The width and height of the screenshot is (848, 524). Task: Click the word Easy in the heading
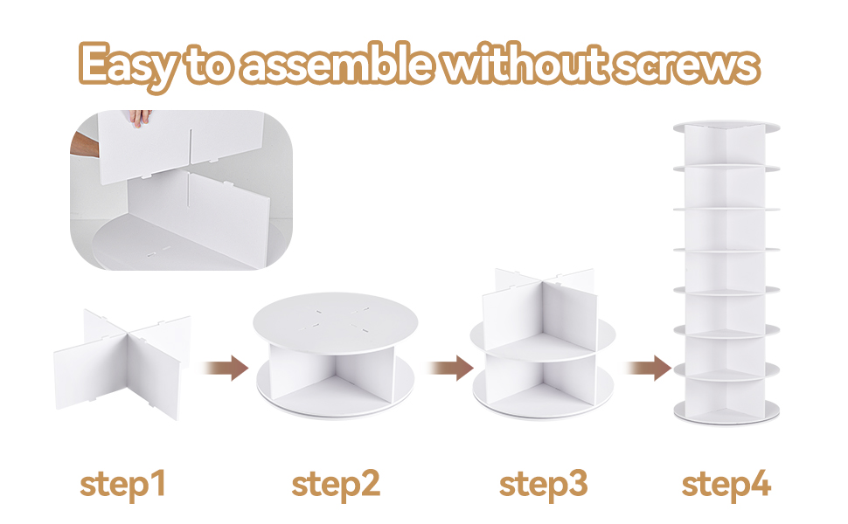129,64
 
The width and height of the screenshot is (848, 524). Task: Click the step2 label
336,483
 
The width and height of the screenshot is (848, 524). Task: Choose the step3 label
543,483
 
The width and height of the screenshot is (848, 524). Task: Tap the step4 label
726,483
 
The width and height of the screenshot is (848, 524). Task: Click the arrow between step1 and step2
223,368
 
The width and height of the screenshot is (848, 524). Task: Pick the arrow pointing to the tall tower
649,368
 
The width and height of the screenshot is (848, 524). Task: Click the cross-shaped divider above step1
122,358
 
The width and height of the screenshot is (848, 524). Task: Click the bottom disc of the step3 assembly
542,397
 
